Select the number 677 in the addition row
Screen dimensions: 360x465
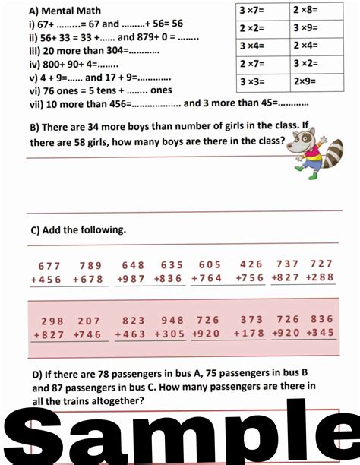point(49,265)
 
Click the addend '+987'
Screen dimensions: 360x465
point(131,279)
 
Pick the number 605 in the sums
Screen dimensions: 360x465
point(210,265)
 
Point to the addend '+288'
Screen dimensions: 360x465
point(320,278)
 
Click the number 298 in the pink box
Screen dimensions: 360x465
point(52,320)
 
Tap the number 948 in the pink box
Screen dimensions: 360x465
point(172,320)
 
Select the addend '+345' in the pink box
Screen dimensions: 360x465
point(320,334)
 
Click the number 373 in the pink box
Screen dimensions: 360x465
point(251,320)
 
